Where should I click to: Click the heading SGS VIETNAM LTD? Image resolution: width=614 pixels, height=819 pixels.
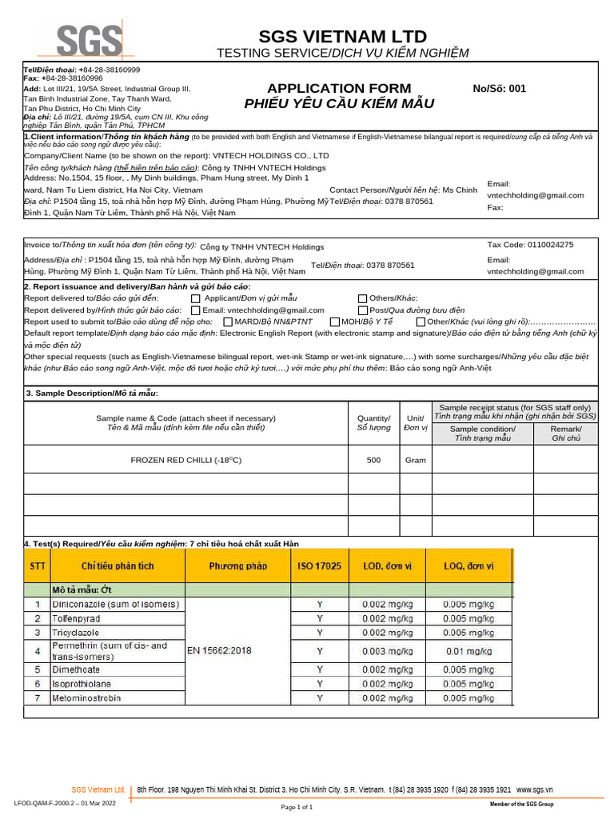(343, 37)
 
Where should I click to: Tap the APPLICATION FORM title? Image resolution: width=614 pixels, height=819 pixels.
(339, 88)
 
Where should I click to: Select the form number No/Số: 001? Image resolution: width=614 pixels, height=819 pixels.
(500, 89)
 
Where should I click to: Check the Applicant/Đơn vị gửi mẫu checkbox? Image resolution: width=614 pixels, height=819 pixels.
(196, 298)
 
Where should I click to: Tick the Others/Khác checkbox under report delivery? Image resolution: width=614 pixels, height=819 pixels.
(363, 298)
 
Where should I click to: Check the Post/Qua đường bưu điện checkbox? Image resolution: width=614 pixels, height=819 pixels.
(363, 310)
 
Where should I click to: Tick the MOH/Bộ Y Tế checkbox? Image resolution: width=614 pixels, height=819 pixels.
(335, 322)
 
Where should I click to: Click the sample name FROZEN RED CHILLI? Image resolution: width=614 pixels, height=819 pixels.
(185, 460)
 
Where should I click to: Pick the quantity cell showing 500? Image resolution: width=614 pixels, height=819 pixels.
(373, 460)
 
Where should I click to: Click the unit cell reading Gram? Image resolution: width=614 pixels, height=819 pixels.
(416, 460)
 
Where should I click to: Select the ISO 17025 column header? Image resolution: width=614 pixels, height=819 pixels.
(320, 566)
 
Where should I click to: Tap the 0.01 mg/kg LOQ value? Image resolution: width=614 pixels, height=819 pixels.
(468, 651)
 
